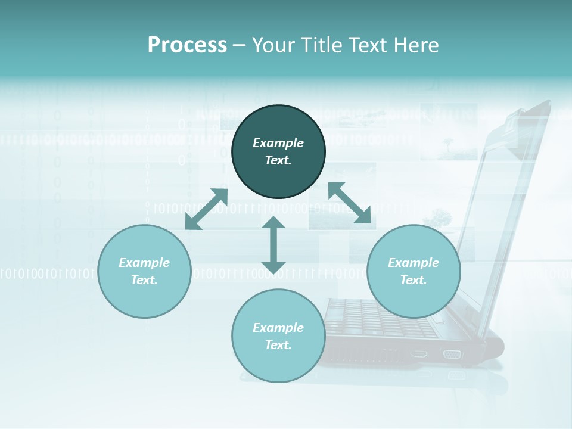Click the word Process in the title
click(187, 45)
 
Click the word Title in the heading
click(321, 45)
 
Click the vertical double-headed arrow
click(273, 245)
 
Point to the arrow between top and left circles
click(206, 209)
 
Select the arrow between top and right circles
click(349, 203)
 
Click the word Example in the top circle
click(278, 143)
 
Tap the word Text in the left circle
click(144, 280)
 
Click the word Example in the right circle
click(414, 263)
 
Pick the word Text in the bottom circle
click(278, 345)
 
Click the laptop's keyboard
click(381, 316)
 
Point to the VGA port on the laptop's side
click(451, 354)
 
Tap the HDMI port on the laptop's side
click(419, 354)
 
